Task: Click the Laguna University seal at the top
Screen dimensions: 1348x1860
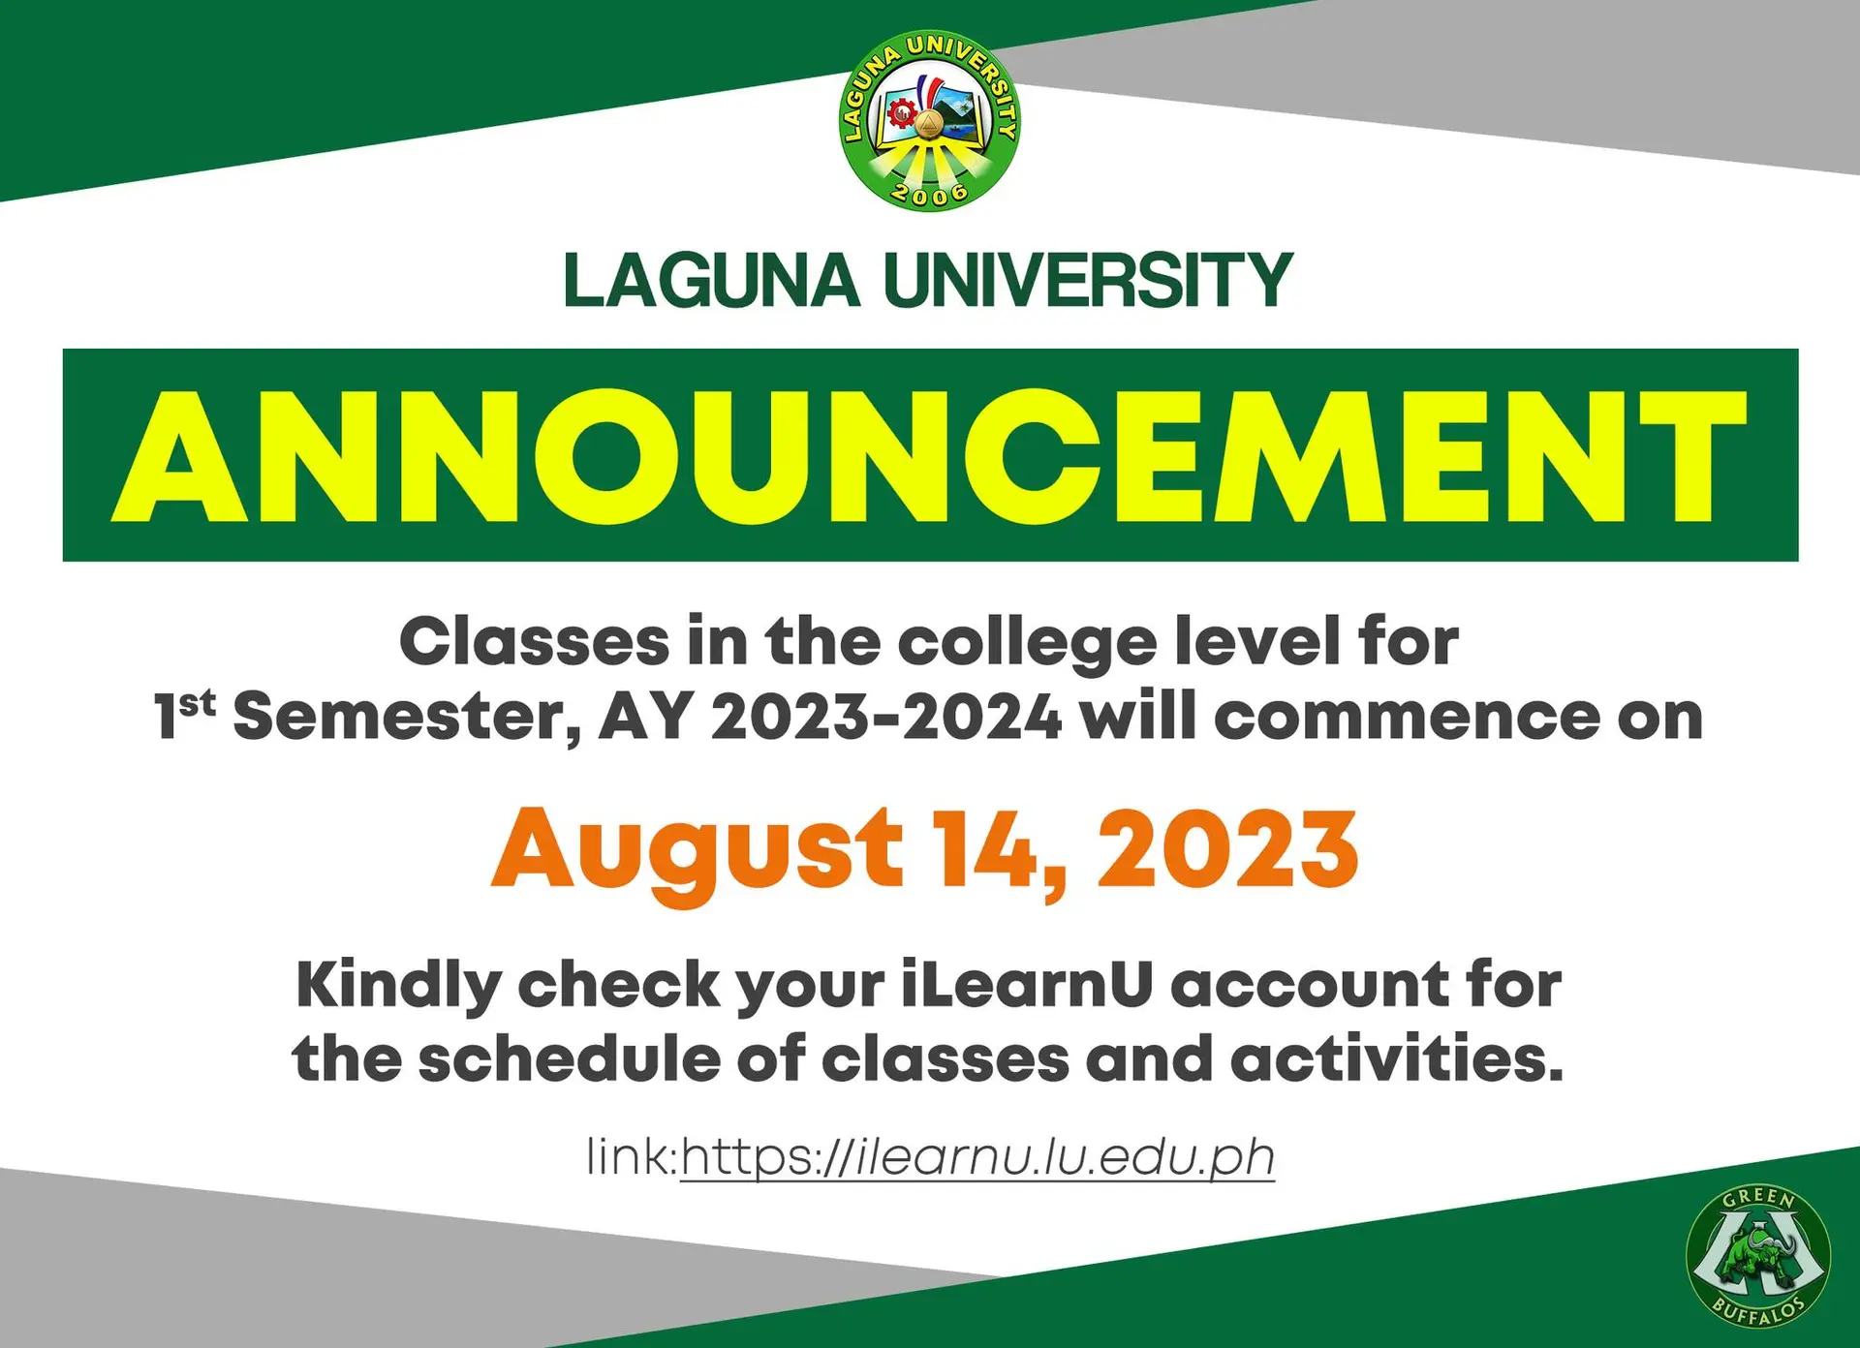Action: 929,121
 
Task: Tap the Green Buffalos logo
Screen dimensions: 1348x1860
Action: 1757,1256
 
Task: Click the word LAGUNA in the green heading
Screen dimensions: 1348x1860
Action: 711,281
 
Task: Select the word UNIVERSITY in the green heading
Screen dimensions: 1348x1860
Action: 1088,281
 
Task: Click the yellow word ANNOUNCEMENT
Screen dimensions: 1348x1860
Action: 930,455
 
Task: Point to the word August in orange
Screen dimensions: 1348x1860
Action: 697,850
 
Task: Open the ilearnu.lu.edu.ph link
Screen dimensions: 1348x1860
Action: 976,1157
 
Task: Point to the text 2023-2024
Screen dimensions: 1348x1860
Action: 885,718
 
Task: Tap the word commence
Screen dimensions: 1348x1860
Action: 1407,718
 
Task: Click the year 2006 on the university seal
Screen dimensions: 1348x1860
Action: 929,194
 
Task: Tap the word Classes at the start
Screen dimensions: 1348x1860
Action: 534,642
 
